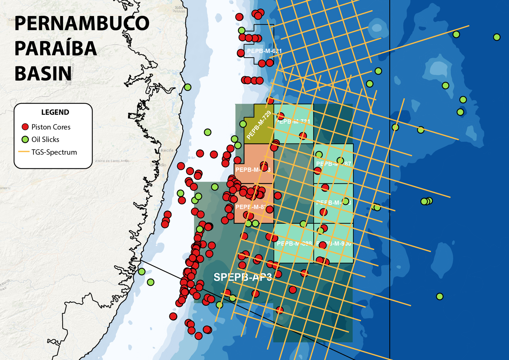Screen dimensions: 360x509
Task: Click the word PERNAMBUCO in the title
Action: (x=82, y=24)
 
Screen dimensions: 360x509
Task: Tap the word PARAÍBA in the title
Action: (x=56, y=48)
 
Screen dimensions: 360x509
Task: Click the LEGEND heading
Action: (x=55, y=112)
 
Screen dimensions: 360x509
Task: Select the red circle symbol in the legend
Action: (x=25, y=127)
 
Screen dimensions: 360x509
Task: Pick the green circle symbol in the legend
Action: (x=25, y=139)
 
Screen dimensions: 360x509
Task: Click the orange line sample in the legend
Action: (x=23, y=152)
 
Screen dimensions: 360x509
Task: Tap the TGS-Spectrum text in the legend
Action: (x=54, y=152)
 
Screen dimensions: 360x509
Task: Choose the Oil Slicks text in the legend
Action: (x=45, y=139)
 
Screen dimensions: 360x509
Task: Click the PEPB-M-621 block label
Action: (x=264, y=51)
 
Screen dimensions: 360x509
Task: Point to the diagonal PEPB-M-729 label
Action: (x=259, y=125)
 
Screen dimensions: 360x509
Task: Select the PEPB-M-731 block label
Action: (x=293, y=121)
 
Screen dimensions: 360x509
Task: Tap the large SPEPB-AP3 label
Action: (x=243, y=277)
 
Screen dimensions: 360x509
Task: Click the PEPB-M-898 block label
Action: (x=294, y=244)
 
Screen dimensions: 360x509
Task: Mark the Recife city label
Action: (x=167, y=150)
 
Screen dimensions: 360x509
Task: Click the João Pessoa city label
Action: (x=179, y=9)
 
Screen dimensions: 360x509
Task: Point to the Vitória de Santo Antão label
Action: (x=112, y=161)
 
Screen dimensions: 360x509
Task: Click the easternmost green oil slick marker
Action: (x=497, y=37)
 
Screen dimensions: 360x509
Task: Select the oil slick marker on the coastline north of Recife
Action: (x=188, y=87)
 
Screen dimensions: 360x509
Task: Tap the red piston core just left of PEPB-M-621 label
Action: (x=241, y=53)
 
